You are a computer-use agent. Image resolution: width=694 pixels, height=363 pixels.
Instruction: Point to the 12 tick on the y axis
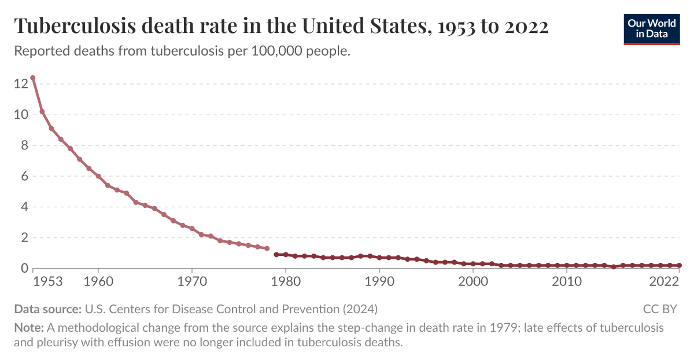21,84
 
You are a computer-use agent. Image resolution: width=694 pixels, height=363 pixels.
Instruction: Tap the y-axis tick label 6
24,176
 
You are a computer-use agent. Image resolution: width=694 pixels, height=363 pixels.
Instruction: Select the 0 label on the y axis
24,268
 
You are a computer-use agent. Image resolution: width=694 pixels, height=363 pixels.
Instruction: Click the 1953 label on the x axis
47,282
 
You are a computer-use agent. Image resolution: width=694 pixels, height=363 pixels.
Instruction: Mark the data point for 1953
33,78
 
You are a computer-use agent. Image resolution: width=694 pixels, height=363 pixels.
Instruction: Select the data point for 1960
98,176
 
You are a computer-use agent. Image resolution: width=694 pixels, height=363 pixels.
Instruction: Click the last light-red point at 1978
267,248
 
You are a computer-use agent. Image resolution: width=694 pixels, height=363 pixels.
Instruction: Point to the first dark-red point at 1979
276,254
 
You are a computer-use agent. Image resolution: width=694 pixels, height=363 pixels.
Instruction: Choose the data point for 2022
679,265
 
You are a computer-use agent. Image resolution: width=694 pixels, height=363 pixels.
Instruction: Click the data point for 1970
192,229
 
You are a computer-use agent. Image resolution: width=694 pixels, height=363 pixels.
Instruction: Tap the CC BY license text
659,309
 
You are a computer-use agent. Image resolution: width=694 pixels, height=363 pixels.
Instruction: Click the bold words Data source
47,309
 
